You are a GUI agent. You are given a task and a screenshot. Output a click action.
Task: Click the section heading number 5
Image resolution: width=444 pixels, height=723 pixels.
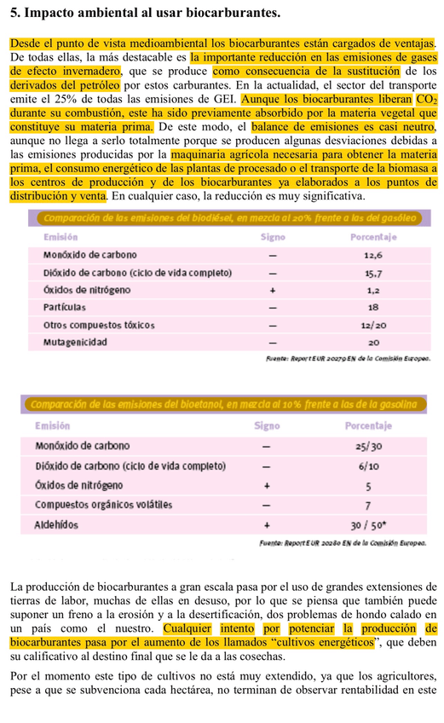tap(8, 14)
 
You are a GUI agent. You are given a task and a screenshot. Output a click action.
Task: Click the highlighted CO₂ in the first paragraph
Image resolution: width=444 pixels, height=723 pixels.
tap(426, 99)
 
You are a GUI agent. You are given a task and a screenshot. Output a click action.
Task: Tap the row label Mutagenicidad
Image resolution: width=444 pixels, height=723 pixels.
tap(75, 343)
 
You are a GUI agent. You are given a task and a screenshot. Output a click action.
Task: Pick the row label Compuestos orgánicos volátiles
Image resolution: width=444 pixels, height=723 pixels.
tap(103, 505)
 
